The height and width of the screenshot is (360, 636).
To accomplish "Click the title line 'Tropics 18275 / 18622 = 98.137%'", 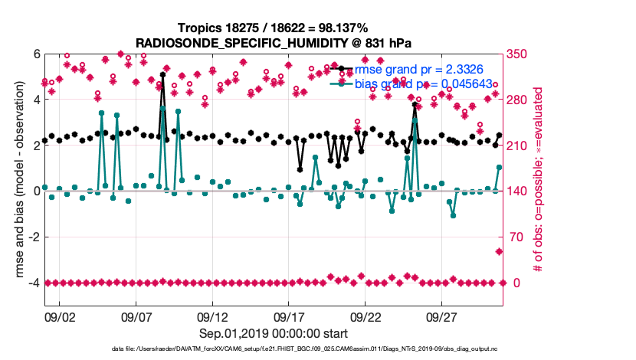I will tap(274, 28).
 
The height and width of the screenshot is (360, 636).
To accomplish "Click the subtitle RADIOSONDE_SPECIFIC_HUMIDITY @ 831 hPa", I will tap(274, 42).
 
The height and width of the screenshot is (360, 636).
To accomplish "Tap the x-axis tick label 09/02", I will tap(60, 316).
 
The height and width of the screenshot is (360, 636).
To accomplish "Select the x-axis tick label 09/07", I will tap(136, 316).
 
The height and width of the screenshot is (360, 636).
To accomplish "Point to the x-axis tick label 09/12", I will tap(213, 316).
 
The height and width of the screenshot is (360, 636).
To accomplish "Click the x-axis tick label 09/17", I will tap(290, 316).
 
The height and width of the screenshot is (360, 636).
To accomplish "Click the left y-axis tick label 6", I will tap(35, 54).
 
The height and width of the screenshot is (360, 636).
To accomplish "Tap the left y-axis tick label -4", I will tap(33, 283).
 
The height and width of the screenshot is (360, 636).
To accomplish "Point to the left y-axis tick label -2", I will tap(33, 237).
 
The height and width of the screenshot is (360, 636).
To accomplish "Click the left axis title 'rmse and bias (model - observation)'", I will tap(15, 180).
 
